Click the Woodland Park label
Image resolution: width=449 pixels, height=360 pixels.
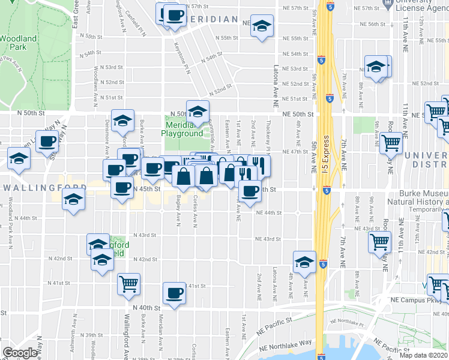17,42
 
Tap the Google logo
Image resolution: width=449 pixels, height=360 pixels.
20,353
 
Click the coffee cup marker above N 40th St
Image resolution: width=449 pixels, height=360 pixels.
175,293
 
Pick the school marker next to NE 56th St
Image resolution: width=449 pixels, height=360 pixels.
261,26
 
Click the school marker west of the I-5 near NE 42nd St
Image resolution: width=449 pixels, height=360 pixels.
304,262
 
